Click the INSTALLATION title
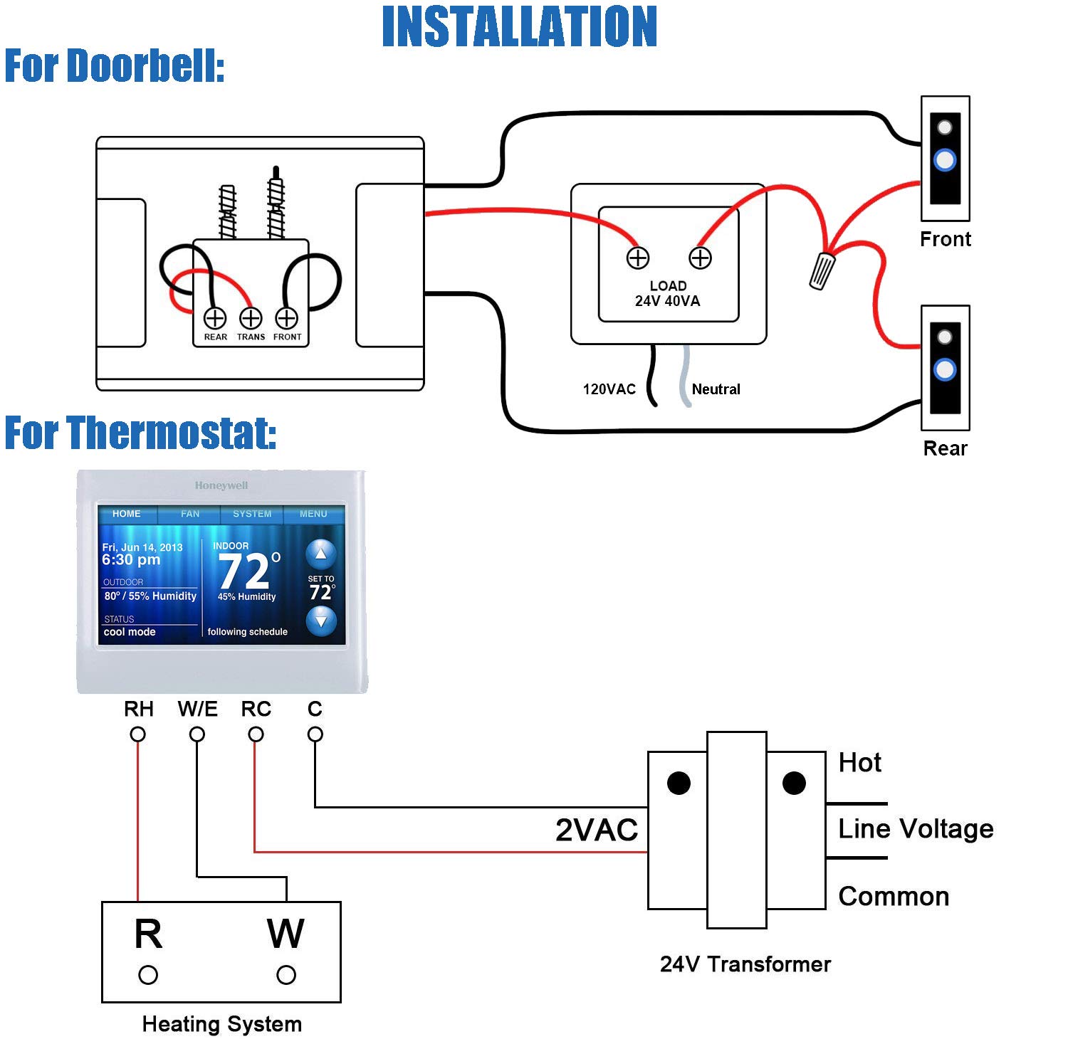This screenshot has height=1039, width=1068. (x=519, y=27)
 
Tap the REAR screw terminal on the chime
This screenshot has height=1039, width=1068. (x=215, y=318)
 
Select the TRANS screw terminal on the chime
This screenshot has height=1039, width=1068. (x=251, y=318)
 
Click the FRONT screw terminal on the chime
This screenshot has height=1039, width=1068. (x=286, y=318)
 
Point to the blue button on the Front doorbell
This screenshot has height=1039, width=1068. (x=945, y=160)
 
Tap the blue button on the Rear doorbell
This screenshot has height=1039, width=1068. (x=945, y=369)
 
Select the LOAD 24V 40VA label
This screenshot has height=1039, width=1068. (x=667, y=293)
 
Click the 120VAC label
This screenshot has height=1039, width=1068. (x=609, y=389)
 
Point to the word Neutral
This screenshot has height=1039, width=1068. (x=716, y=389)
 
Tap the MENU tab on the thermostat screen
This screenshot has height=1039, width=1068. (x=313, y=514)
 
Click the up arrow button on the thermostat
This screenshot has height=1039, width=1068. (x=321, y=553)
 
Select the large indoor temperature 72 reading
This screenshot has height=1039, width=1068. (x=245, y=571)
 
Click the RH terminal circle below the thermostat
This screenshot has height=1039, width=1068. (x=138, y=734)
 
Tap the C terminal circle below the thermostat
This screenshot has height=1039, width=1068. (x=315, y=734)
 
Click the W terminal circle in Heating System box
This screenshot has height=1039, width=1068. (x=286, y=974)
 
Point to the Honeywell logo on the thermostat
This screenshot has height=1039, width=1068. (x=221, y=485)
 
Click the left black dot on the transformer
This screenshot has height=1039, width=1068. (x=679, y=783)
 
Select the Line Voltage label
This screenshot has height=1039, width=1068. (x=915, y=829)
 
